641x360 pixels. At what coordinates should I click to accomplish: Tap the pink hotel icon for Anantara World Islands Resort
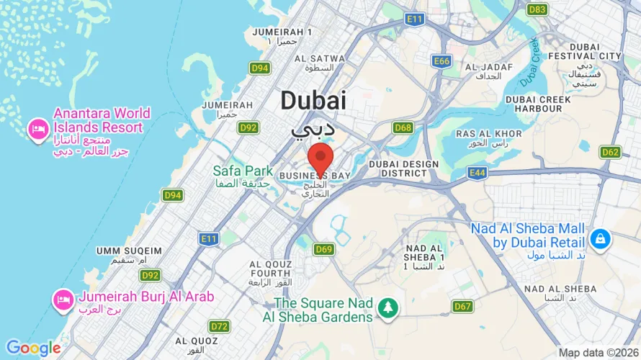point(37,130)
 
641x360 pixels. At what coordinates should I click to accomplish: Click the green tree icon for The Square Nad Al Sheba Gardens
point(388,307)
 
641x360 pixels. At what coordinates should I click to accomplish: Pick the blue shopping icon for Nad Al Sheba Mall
point(599,237)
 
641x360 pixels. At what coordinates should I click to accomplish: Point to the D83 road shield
point(537,9)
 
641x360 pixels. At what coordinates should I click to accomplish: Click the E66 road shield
point(441,61)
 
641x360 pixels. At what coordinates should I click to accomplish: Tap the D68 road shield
point(403,127)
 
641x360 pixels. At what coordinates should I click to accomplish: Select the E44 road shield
point(476,172)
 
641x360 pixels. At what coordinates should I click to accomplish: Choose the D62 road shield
point(610,152)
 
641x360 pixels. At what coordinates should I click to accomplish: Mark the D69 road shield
point(323,249)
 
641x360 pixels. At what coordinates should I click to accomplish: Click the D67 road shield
point(462,307)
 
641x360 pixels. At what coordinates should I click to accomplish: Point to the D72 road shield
point(220,326)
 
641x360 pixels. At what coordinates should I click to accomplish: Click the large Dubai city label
point(313,101)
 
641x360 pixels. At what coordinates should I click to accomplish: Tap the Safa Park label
point(243,171)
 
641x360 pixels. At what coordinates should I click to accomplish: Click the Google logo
point(33,348)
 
